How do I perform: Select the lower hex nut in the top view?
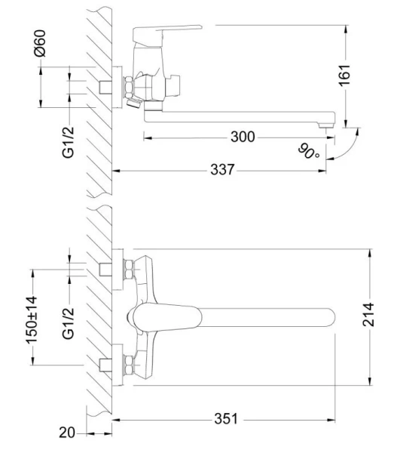coord(129,365)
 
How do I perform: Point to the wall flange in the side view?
coord(117,85)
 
